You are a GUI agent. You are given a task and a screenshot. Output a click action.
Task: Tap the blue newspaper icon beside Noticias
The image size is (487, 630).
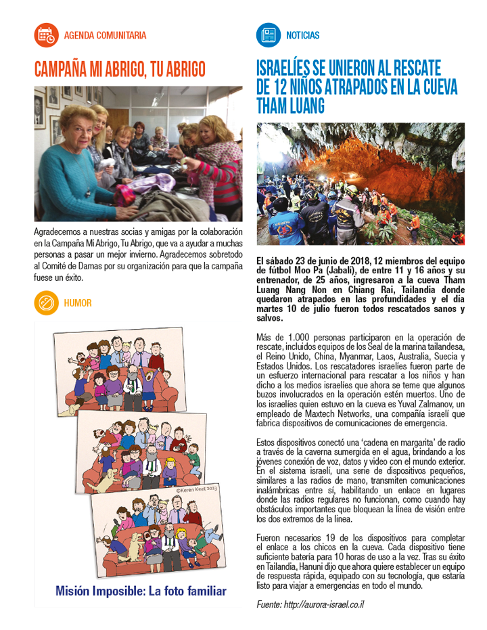pos(268,35)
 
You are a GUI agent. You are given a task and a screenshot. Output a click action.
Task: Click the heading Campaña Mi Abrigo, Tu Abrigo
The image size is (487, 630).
pos(120,69)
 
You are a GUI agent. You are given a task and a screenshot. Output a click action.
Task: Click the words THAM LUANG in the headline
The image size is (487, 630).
pos(291,106)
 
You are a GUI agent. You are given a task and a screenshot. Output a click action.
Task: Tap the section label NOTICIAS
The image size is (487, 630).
pos(302,35)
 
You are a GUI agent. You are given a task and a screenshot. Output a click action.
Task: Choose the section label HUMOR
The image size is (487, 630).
pos(78,303)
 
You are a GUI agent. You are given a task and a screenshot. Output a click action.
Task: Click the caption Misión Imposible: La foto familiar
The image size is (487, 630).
pos(141,591)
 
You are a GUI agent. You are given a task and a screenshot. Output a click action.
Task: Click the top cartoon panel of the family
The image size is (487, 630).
pos(116,369)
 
